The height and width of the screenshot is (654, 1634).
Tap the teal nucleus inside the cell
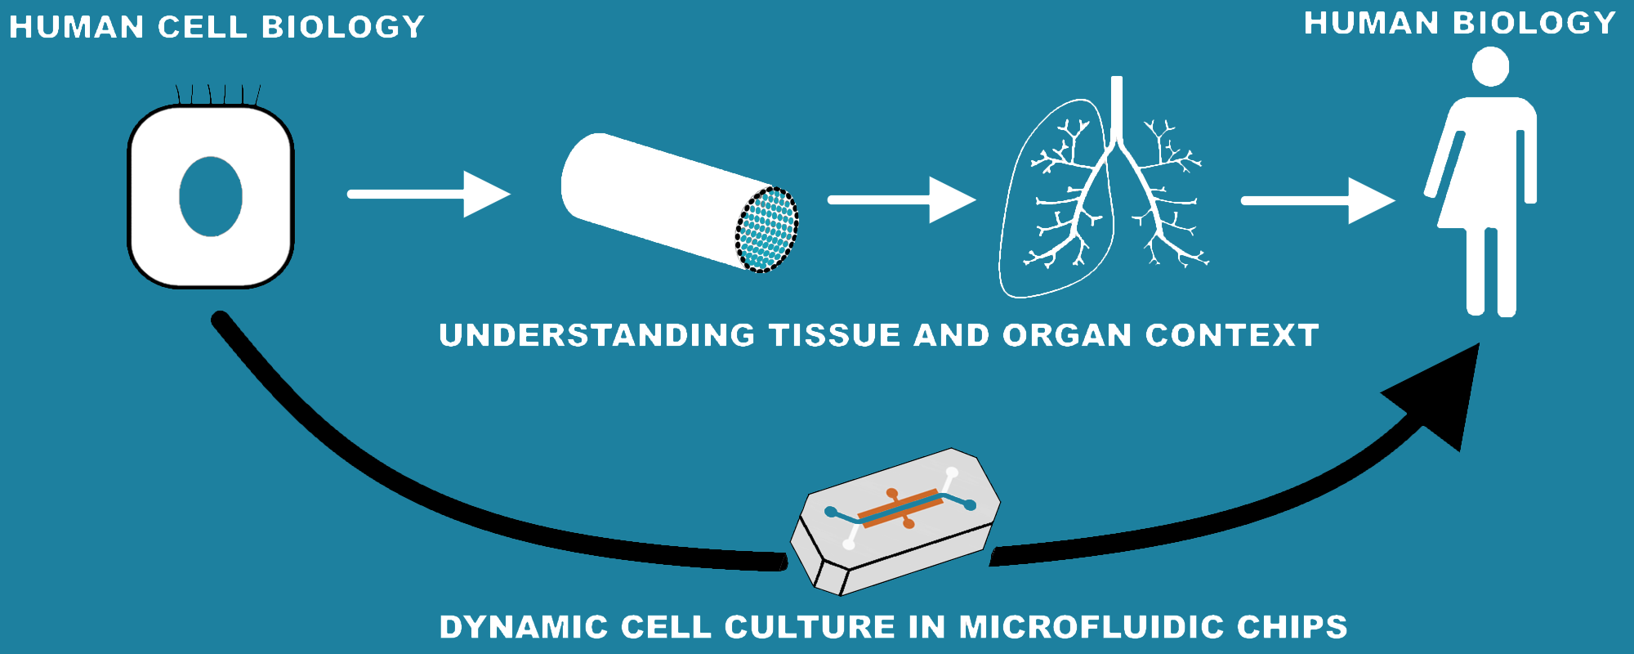pyautogui.click(x=211, y=196)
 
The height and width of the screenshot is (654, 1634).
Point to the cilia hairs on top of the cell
pyautogui.click(x=218, y=94)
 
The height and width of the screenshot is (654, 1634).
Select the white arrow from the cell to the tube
pyautogui.click(x=429, y=194)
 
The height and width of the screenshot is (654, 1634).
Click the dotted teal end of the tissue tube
pyautogui.click(x=766, y=230)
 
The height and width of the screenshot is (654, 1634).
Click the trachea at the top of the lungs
pyautogui.click(x=1117, y=106)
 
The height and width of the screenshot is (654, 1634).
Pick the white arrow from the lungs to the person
pyautogui.click(x=1317, y=200)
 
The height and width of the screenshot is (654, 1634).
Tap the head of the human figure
pyautogui.click(x=1490, y=66)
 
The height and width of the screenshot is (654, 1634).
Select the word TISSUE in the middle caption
pyautogui.click(x=835, y=335)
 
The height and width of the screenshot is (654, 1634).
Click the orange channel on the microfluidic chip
pyautogui.click(x=900, y=508)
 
